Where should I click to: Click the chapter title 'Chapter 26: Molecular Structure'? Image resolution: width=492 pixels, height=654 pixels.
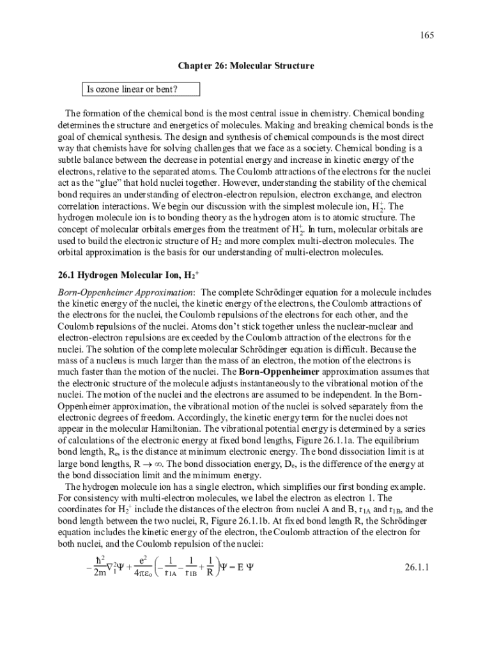click(245, 66)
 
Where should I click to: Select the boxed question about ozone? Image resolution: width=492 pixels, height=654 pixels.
click(132, 89)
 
